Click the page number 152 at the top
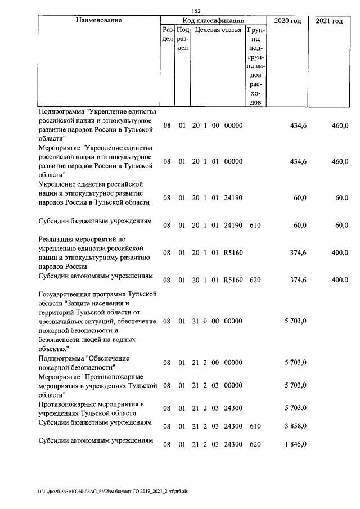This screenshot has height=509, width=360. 196,11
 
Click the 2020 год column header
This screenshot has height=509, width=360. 287,21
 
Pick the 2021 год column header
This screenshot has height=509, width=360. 329,21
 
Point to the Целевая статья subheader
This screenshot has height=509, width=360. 218,30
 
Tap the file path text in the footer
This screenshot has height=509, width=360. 112,490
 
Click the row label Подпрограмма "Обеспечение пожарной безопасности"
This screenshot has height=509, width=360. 84,363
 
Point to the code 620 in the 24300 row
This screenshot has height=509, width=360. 255,444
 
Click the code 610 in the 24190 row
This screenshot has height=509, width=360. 255,226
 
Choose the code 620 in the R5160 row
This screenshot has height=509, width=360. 255,280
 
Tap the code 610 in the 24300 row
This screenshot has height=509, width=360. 255,427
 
